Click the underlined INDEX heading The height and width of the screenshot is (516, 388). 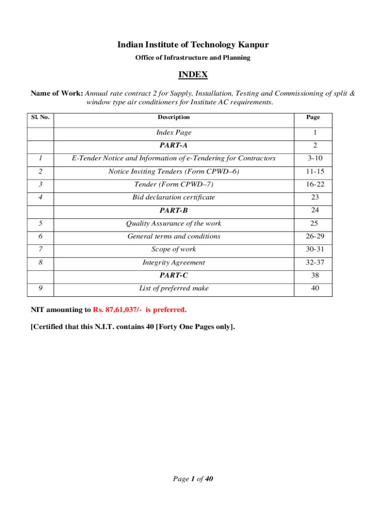coord(193,75)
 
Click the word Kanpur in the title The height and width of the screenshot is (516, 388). coord(252,45)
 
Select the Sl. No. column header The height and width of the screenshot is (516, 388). coord(40,117)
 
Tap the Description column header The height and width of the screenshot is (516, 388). coord(174,117)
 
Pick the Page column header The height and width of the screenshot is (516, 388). coord(312,117)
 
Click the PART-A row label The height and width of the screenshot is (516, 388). coord(174,145)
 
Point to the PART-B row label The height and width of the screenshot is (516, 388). coord(174,210)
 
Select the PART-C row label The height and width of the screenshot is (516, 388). coord(174,275)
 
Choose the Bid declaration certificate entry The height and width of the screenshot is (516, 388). coord(174,197)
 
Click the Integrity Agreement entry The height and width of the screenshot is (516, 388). coord(174,263)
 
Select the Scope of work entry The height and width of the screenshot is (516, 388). coord(174,249)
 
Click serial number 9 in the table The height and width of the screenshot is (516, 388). coord(40,288)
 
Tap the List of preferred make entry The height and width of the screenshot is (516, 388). coord(174,288)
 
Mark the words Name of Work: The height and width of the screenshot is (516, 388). coord(57,94)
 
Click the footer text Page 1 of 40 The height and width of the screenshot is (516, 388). coord(193,479)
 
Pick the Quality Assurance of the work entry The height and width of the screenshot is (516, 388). coord(174,223)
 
